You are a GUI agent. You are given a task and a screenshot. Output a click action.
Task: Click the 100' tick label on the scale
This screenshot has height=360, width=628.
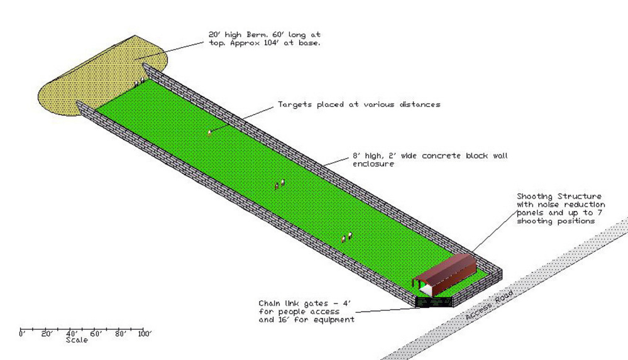[145, 335]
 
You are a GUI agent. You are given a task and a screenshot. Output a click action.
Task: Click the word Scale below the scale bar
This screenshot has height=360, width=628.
[77, 341]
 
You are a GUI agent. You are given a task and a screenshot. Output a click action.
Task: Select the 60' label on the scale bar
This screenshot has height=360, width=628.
[96, 335]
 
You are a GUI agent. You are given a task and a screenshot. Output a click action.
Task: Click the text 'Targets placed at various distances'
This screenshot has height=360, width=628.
[359, 104]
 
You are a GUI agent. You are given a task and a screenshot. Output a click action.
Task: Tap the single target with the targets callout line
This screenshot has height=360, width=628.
[209, 132]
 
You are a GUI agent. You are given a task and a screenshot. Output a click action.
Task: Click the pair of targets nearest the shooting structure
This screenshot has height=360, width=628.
[346, 237]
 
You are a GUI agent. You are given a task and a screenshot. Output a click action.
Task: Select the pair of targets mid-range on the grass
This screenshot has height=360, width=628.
[280, 184]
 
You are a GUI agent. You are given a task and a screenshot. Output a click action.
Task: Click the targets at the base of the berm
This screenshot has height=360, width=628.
[139, 82]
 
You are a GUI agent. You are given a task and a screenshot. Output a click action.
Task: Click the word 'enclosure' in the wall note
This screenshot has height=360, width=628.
[374, 165]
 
